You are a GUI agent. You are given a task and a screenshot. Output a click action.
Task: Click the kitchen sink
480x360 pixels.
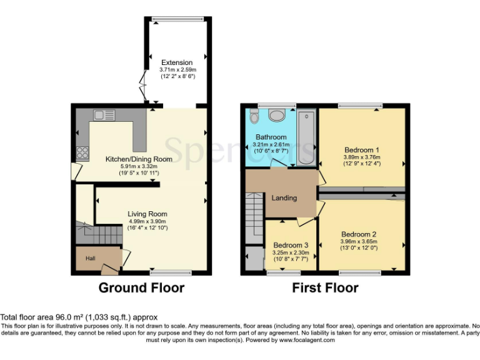(x=101, y=114)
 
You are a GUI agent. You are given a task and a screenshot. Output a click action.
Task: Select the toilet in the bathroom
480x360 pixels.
(x=253, y=117)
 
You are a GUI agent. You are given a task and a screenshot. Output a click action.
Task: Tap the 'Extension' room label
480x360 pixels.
(x=177, y=62)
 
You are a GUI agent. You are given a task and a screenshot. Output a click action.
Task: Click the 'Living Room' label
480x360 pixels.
(x=147, y=214)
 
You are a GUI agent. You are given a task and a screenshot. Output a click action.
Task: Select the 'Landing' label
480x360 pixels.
(x=284, y=197)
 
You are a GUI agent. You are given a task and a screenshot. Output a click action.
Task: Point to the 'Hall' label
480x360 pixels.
(x=90, y=257)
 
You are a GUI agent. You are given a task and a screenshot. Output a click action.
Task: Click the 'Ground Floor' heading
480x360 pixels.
(x=141, y=288)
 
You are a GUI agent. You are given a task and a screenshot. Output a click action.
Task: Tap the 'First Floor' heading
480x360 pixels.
(x=325, y=288)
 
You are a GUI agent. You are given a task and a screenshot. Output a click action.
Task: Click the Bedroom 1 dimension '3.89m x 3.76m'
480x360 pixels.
(x=362, y=157)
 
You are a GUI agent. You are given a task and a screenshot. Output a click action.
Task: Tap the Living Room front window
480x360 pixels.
(x=170, y=272)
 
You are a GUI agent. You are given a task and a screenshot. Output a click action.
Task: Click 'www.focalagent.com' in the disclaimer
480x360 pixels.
(x=307, y=341)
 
